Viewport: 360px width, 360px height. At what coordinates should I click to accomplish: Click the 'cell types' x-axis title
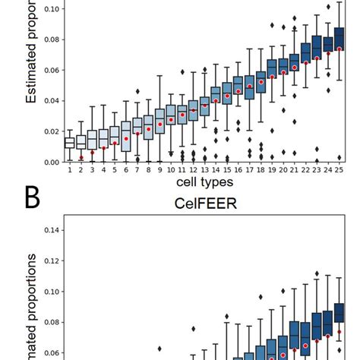tap(205, 182)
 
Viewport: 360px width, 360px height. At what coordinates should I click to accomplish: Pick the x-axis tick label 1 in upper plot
tap(69, 170)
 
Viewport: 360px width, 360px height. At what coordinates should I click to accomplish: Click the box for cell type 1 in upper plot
tap(69, 143)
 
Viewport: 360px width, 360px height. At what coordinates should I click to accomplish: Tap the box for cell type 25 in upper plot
tap(339, 40)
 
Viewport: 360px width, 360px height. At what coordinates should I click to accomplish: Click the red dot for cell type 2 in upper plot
tap(81, 158)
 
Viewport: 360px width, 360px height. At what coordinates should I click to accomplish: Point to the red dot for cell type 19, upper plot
tap(272, 77)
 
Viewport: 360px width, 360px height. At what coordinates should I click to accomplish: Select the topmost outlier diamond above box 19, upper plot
tap(272, 25)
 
